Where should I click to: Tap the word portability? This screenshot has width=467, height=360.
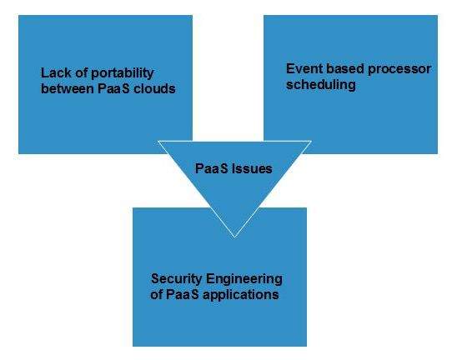pos(119,73)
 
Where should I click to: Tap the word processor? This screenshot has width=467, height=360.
pos(398,69)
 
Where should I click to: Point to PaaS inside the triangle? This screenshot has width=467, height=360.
pos(213,167)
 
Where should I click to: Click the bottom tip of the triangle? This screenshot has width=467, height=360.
pos(233,236)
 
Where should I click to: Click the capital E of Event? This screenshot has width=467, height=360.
pos(289,69)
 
